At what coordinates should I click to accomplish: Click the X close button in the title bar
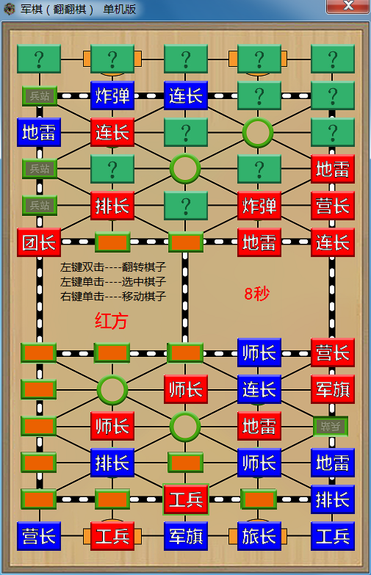(x=348, y=6)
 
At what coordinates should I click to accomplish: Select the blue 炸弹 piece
(x=112, y=95)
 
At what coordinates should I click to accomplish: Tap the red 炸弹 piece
(x=259, y=206)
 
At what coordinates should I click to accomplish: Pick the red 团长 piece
(x=39, y=242)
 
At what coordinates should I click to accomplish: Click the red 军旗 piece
(x=333, y=389)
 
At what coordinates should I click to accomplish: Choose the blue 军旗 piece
(x=186, y=536)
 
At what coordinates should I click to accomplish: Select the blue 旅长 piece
(x=259, y=536)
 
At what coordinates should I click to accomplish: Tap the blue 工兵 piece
(x=333, y=536)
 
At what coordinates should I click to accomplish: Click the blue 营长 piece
(x=39, y=536)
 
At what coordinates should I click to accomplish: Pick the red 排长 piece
(x=112, y=206)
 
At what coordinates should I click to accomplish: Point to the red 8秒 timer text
(x=257, y=294)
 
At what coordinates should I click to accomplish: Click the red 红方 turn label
(x=111, y=321)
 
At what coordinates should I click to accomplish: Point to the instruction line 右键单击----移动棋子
(x=113, y=296)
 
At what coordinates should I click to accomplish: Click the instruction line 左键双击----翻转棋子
(x=113, y=267)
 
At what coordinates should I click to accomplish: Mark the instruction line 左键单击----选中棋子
(x=113, y=282)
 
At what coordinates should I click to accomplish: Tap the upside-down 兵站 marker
(x=331, y=426)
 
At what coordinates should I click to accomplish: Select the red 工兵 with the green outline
(x=186, y=499)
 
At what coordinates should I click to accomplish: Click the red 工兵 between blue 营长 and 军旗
(x=112, y=536)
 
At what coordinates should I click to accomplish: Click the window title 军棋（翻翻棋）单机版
(x=78, y=9)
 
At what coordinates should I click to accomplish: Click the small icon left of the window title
(x=9, y=9)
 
